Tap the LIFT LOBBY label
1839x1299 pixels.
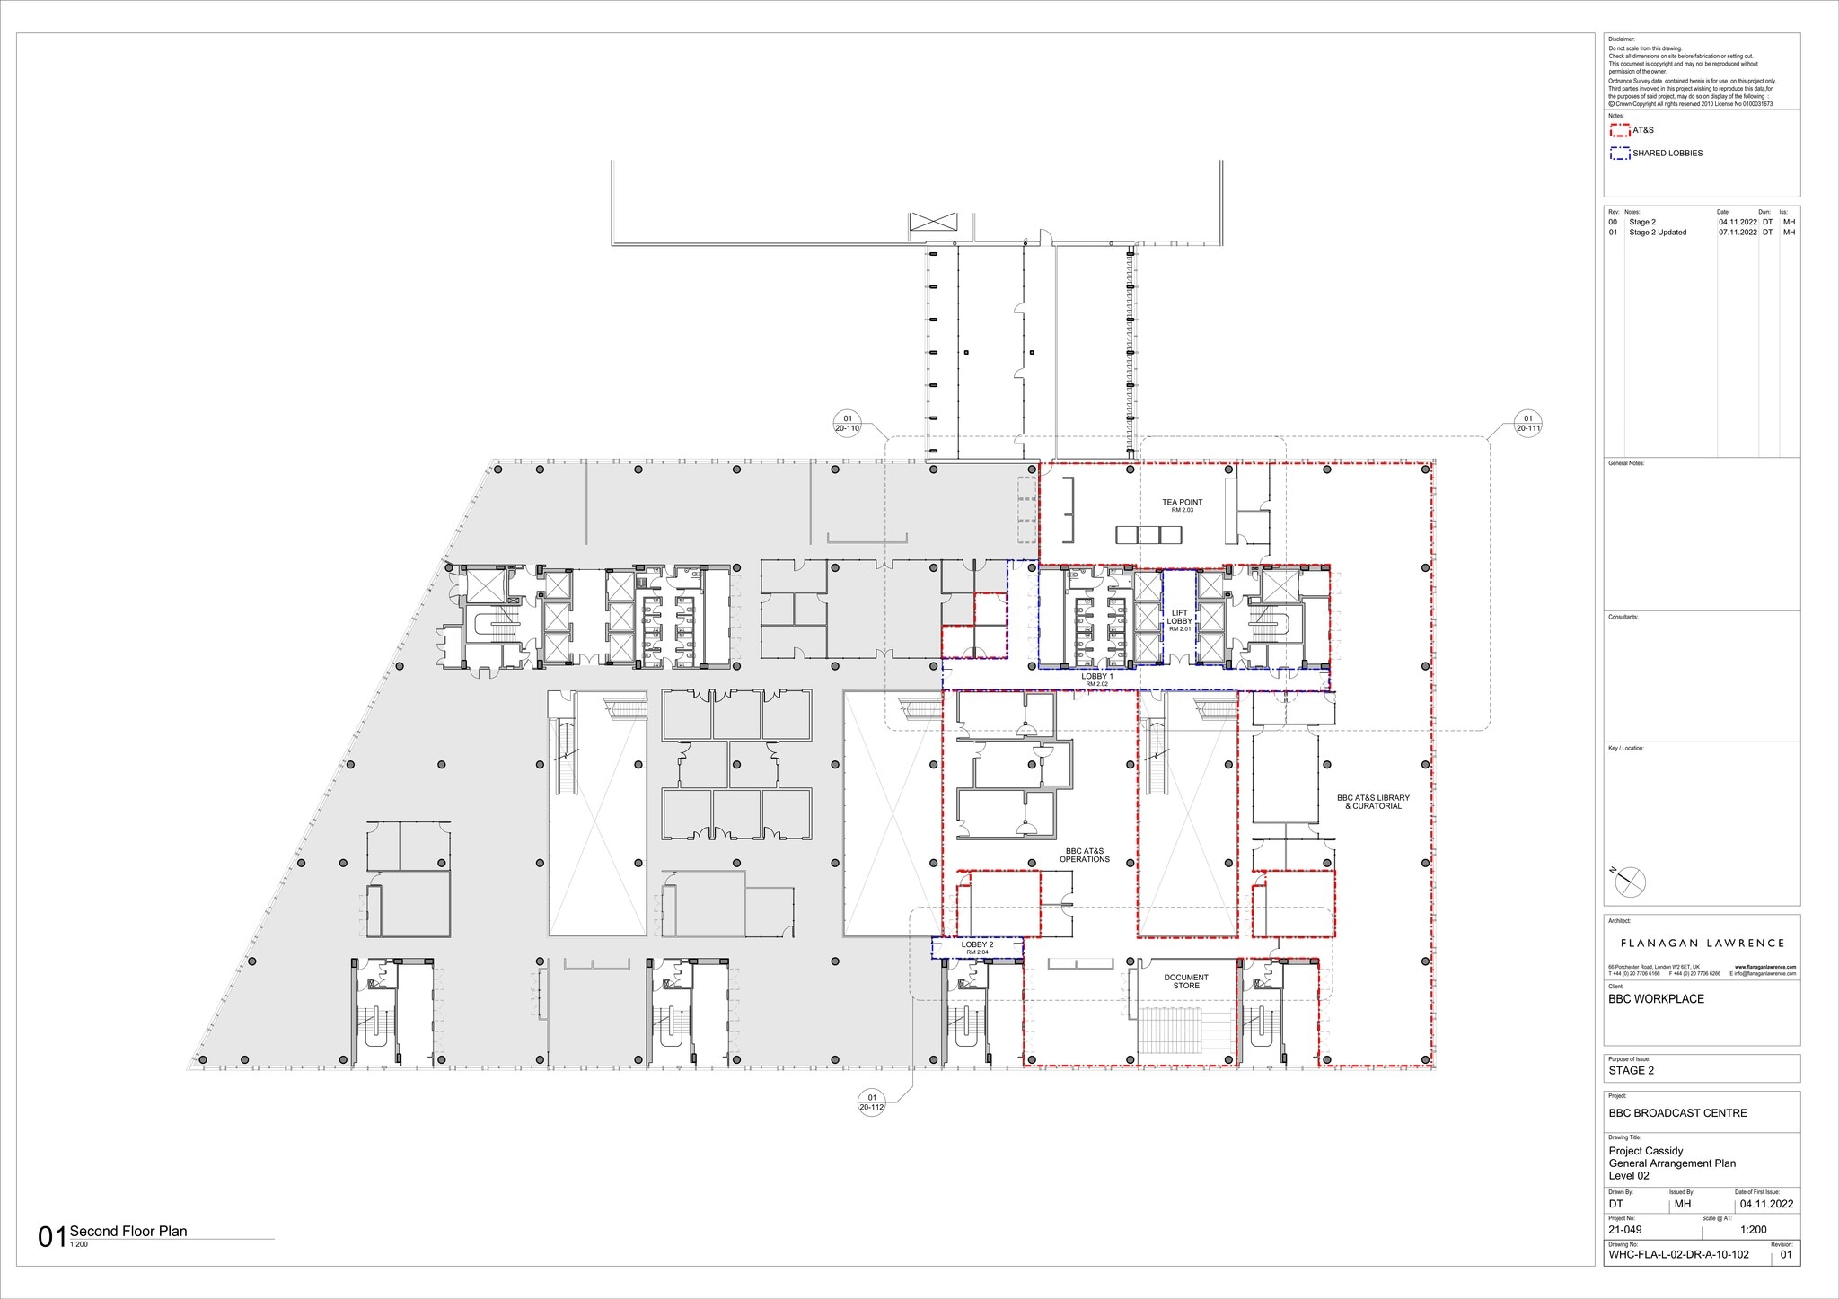pyautogui.click(x=1179, y=618)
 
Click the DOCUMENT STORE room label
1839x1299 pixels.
pyautogui.click(x=1186, y=981)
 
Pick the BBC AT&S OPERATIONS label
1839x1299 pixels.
pyautogui.click(x=1085, y=855)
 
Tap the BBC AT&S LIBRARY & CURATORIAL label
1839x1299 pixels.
pyautogui.click(x=1373, y=802)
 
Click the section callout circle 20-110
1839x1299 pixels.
pyautogui.click(x=847, y=423)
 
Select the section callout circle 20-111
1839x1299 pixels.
pyautogui.click(x=1527, y=423)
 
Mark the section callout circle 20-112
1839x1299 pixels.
pyautogui.click(x=871, y=1102)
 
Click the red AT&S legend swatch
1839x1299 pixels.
pyautogui.click(x=1619, y=130)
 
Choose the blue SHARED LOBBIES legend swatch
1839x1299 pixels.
pyautogui.click(x=1619, y=154)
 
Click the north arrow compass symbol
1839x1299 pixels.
pyautogui.click(x=1630, y=882)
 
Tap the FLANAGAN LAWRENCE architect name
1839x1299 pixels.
pyautogui.click(x=1702, y=944)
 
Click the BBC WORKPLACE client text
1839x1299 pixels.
pyautogui.click(x=1656, y=999)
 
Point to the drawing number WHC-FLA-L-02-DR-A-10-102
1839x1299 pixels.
pyautogui.click(x=1678, y=1254)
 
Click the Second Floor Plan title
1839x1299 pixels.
pyautogui.click(x=128, y=1231)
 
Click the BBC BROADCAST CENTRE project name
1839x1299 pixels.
pyautogui.click(x=1677, y=1113)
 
